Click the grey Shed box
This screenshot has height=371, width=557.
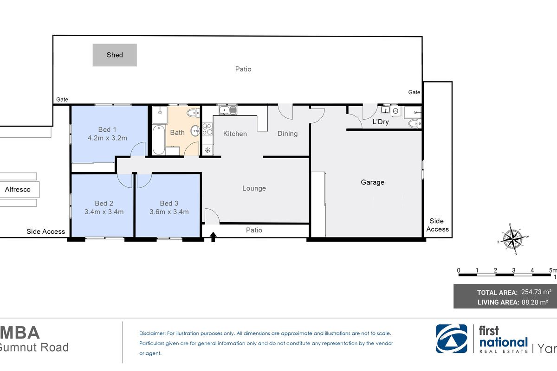tap(115, 55)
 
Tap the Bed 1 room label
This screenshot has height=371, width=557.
tap(107, 129)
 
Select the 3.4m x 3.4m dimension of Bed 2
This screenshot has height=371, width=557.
tap(104, 212)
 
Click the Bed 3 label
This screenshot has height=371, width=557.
tap(169, 203)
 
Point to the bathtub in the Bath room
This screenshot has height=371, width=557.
tap(158, 140)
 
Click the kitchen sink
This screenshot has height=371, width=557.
tap(228, 110)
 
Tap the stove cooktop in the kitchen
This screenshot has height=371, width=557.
tap(207, 129)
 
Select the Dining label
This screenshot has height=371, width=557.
tap(287, 134)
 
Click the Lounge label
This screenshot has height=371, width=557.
tap(254, 188)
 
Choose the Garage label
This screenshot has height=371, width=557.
tap(372, 182)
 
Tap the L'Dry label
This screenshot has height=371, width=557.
tap(381, 122)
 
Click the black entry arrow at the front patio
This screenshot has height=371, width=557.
tap(213, 237)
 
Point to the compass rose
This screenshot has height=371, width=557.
tap(513, 239)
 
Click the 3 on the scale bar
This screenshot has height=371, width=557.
tap(514, 270)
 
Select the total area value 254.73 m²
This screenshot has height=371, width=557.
tap(537, 292)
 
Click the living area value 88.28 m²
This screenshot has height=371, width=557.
tap(535, 302)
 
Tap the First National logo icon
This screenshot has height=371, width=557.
tap(452, 339)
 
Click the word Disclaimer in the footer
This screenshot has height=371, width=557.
tap(152, 333)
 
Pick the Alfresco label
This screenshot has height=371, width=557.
tap(18, 190)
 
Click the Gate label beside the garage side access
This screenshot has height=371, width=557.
tap(414, 92)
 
